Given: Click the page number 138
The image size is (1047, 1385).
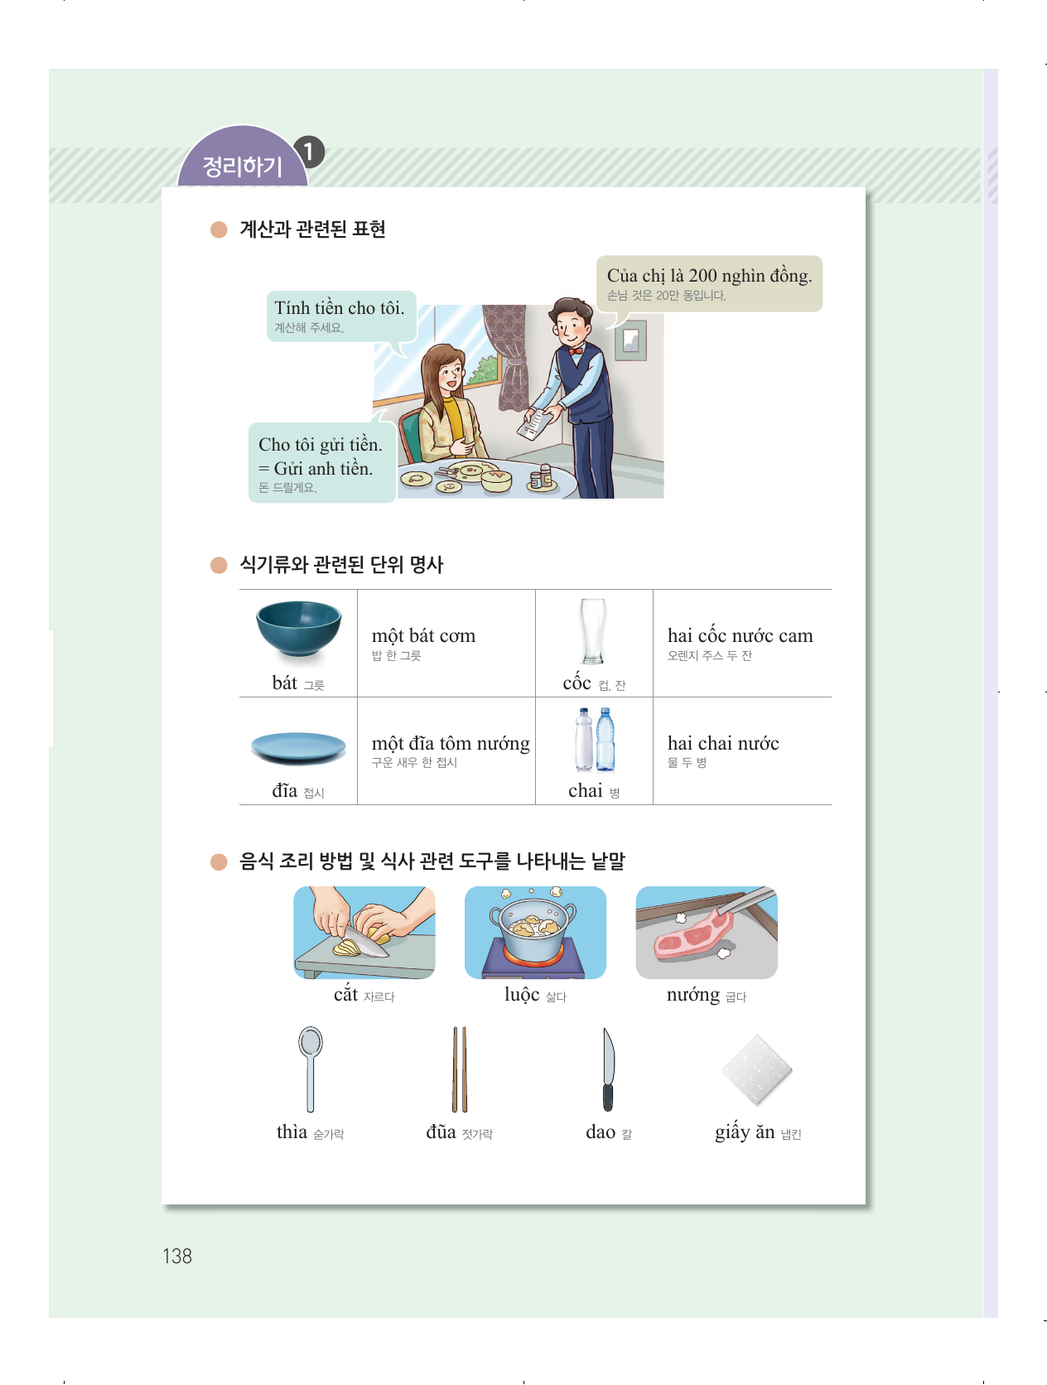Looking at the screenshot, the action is (x=177, y=1256).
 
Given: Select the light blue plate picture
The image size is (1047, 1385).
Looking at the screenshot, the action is (x=298, y=747).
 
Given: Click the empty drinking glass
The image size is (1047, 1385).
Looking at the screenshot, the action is (x=593, y=631).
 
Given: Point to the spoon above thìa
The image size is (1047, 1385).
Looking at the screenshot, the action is (x=311, y=1069).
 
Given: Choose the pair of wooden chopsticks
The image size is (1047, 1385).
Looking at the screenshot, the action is (x=460, y=1069).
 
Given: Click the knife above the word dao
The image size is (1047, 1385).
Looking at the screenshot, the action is (x=608, y=1069).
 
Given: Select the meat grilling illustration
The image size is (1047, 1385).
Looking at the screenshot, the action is (x=707, y=933).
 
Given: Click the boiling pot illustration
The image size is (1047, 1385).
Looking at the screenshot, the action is (x=535, y=933).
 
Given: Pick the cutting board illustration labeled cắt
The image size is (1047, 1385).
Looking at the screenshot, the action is (x=364, y=933).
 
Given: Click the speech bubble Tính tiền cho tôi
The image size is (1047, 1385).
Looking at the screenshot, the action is (x=341, y=316).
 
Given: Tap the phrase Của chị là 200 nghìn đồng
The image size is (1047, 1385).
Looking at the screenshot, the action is (x=710, y=276).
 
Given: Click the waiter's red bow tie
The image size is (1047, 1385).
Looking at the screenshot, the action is (x=575, y=351).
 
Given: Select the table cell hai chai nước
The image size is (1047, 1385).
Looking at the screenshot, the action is (x=741, y=750).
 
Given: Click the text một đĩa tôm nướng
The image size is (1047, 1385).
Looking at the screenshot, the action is (x=451, y=743).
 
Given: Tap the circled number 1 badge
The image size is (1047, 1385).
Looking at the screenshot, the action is (x=308, y=152).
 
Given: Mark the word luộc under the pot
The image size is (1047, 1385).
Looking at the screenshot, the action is (x=522, y=995).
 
